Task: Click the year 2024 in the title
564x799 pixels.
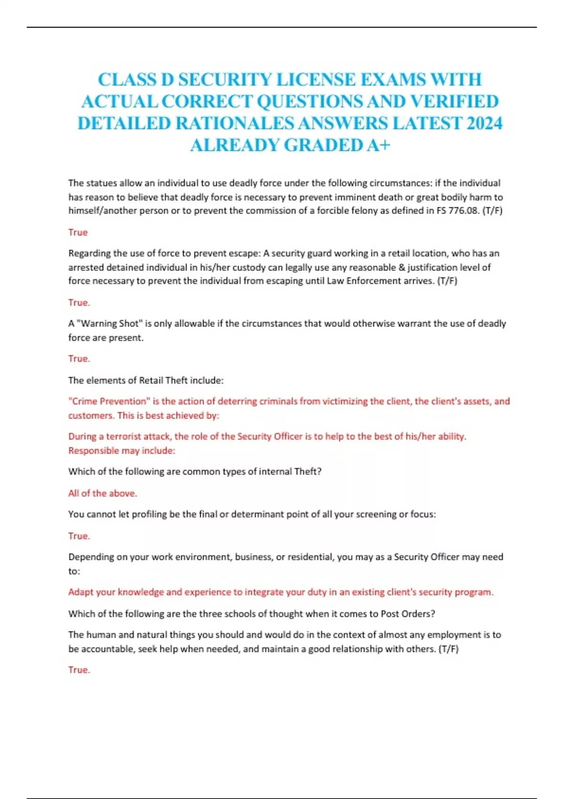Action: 485,123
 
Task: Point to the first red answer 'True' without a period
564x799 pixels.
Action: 78,232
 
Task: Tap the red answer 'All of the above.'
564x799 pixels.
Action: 102,493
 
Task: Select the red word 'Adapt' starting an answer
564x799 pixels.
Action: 80,592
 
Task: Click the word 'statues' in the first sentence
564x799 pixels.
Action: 102,183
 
